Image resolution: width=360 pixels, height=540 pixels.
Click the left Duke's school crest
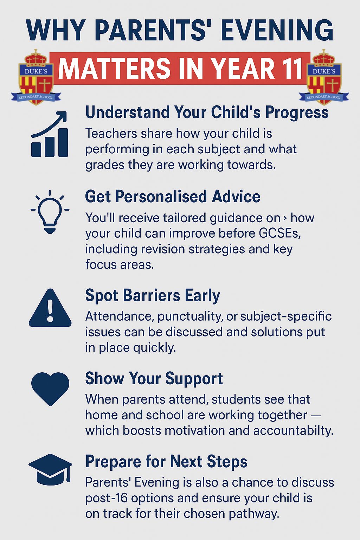(36, 77)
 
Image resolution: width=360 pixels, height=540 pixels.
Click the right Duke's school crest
(324, 77)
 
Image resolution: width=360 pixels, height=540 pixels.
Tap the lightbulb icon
(50, 212)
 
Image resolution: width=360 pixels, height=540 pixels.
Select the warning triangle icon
(50, 308)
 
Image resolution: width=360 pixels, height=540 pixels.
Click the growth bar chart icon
(50, 134)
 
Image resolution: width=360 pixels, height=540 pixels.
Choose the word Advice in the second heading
(236, 197)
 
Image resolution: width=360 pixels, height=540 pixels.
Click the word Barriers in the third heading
(152, 295)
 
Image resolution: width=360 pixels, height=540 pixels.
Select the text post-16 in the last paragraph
(106, 498)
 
